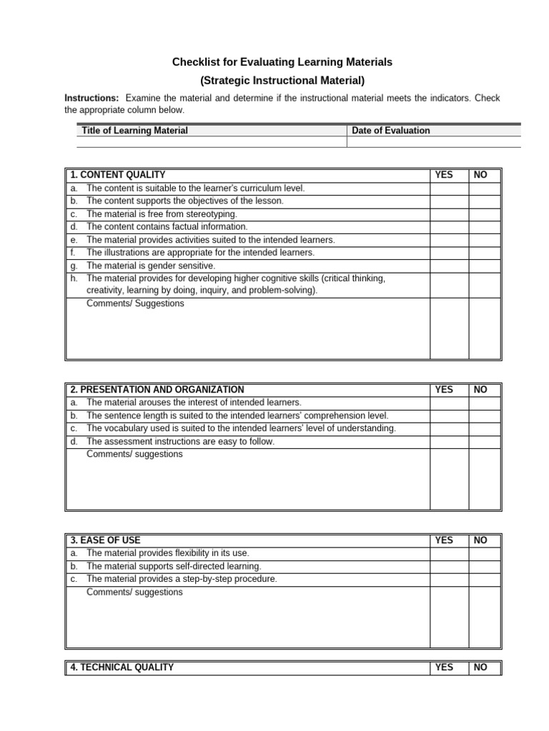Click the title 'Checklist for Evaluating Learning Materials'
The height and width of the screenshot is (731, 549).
[282, 63]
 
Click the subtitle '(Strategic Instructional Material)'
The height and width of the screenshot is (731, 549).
[282, 81]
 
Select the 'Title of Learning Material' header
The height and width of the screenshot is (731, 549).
[135, 131]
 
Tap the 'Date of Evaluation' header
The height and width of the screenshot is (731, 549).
[391, 131]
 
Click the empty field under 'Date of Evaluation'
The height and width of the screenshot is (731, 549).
[433, 142]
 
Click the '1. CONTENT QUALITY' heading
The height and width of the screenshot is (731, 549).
[118, 175]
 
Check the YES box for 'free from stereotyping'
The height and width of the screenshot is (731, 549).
[449, 214]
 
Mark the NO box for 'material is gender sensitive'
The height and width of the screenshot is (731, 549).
[485, 266]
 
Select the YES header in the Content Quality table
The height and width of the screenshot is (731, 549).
[444, 175]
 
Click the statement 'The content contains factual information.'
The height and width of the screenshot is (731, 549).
[167, 227]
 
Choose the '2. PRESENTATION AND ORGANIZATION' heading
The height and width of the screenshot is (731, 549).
[157, 390]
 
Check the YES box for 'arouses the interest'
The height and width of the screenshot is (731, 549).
[449, 403]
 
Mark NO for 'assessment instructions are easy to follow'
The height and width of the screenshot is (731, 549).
[485, 442]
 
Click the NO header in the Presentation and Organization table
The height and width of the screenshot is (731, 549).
[480, 390]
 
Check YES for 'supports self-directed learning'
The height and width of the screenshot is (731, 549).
[449, 567]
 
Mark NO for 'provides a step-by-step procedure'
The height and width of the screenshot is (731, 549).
[485, 580]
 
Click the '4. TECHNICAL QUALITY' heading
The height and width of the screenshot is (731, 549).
[122, 667]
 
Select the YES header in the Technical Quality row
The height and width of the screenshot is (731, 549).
[444, 667]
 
